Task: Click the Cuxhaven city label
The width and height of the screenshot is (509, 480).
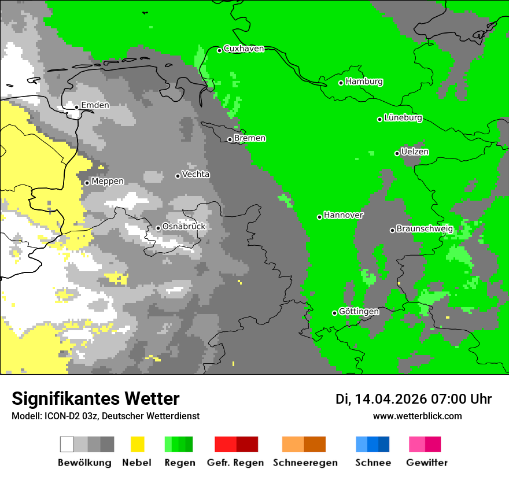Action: coord(244,49)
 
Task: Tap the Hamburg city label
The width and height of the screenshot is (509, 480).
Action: coord(364,82)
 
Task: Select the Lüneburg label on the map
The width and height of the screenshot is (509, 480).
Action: coord(403,118)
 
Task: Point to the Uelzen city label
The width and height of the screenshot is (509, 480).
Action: coord(415,152)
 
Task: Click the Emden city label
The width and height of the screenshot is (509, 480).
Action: coord(95,105)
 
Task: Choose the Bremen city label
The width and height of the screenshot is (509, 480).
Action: coord(250,138)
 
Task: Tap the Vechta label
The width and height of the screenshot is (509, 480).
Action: coord(196,175)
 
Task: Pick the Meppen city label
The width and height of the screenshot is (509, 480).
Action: coord(108,182)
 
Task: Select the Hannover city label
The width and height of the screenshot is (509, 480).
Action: coord(343,215)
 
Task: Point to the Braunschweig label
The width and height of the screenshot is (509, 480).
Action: coord(425,229)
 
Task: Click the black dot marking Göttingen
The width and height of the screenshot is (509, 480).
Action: coord(334,313)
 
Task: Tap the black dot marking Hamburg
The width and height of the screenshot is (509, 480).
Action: coord(341,83)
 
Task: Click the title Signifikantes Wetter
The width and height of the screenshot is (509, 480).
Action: coord(95,398)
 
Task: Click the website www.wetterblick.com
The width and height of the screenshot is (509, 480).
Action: coord(417,416)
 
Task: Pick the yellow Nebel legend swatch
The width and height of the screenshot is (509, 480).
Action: coord(137,444)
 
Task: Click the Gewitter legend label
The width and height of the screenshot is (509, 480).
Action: coord(426,463)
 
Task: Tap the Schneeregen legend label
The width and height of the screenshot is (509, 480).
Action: coord(305,463)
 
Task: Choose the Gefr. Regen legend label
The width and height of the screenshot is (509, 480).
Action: coord(235,463)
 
